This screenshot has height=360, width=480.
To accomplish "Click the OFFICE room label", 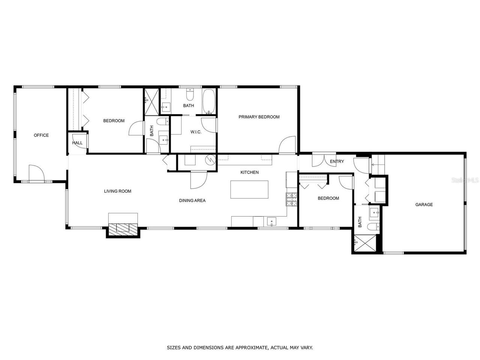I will (x=41, y=135).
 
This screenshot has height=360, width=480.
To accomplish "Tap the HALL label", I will (x=77, y=143).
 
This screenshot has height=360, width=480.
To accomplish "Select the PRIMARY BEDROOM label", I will (x=259, y=117).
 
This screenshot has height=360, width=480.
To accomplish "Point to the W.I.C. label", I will (x=196, y=132).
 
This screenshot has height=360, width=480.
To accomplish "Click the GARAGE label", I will (x=424, y=205).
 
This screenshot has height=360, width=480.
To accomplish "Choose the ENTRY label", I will (x=337, y=162).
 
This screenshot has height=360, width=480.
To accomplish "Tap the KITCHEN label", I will (x=249, y=172).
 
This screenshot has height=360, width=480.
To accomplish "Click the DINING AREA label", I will (x=192, y=201).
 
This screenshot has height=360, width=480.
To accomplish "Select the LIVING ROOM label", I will (x=118, y=191).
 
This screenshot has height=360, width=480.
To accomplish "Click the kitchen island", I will (x=249, y=189).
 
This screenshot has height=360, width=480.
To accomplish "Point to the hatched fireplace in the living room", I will (x=123, y=228).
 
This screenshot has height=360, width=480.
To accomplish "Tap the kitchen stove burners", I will (x=292, y=199).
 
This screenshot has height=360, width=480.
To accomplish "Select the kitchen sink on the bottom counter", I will (x=272, y=222).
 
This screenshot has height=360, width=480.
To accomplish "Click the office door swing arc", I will (x=37, y=173).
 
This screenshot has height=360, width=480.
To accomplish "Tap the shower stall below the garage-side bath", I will (x=365, y=243).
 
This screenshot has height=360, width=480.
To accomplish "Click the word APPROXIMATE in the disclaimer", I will (x=251, y=348).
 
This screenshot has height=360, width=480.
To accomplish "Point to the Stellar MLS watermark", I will (x=465, y=180).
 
